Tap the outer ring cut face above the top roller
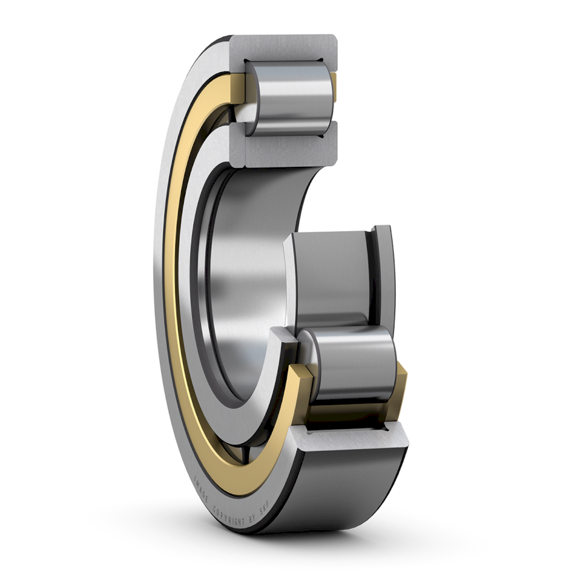284,48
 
